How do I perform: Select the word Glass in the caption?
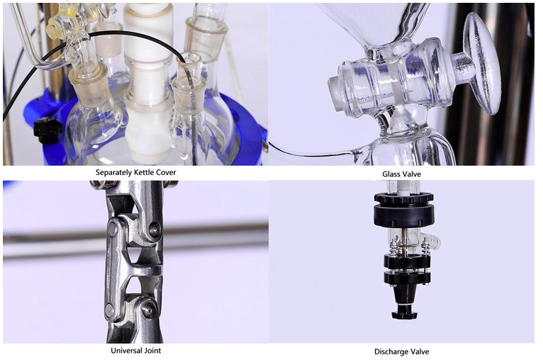pos(391,174)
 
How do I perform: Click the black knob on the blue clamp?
pos(47,130)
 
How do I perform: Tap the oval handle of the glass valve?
pos(483,64)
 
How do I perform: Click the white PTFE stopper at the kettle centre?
pos(148,83)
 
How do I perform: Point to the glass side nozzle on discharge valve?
pos(432,241)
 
